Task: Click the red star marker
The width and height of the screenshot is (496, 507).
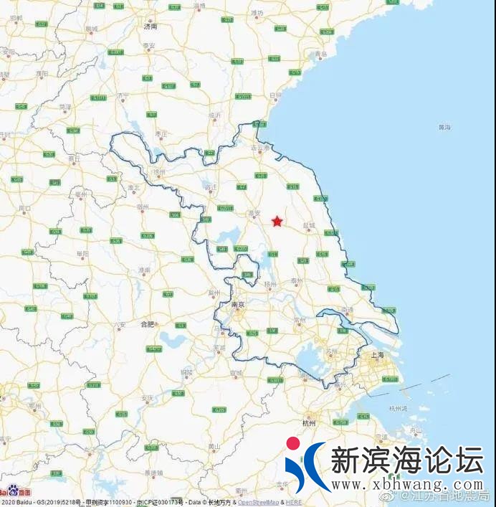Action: [x=277, y=222]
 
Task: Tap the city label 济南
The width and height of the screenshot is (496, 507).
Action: [x=150, y=27]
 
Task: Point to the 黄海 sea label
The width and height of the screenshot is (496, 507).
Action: [x=444, y=127]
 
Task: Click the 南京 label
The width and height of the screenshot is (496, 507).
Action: [x=238, y=305]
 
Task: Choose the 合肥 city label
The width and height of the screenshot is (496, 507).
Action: [x=147, y=324]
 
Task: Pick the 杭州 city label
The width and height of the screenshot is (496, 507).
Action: [x=310, y=423]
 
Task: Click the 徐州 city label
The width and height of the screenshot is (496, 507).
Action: [x=159, y=172]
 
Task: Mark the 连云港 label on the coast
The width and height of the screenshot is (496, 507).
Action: [x=260, y=148]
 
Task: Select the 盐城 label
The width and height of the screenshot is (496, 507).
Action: [x=309, y=225]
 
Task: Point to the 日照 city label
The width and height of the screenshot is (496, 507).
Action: [x=275, y=95]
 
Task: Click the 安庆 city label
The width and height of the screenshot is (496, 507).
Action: [x=148, y=397]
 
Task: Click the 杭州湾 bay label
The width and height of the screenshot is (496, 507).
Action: [x=398, y=408]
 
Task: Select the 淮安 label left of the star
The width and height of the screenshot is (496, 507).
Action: [x=253, y=214]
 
